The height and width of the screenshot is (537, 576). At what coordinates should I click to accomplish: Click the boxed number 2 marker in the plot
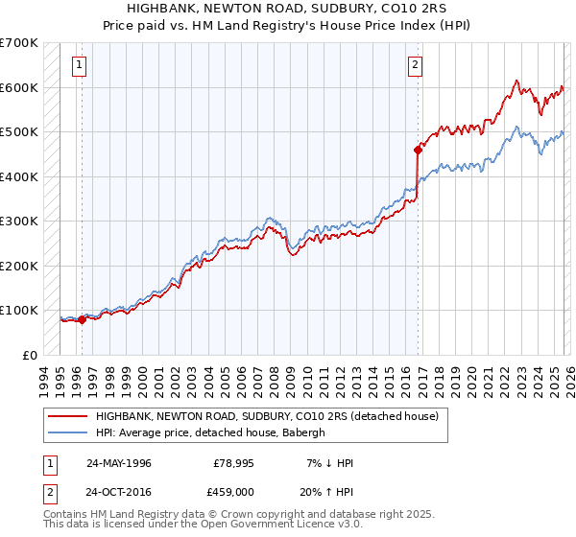click(415, 66)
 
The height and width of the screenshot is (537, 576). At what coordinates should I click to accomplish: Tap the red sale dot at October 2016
click(419, 150)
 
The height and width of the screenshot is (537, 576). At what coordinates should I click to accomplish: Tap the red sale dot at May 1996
click(82, 320)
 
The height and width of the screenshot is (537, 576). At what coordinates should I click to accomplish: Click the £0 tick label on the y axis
click(31, 355)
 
